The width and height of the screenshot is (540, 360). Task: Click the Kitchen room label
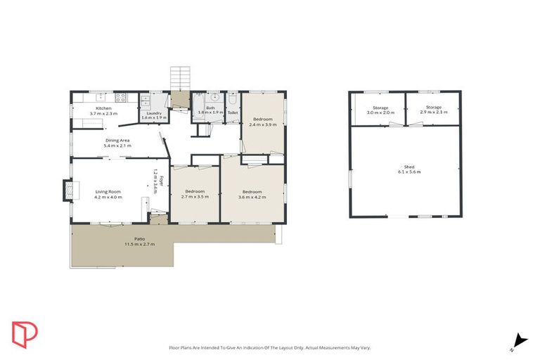point(103,108)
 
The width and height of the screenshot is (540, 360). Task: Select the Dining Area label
point(117,141)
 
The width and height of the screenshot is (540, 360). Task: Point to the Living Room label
point(109,191)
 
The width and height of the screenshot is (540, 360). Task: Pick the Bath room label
point(209,108)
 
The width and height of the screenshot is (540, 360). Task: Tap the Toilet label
point(233,112)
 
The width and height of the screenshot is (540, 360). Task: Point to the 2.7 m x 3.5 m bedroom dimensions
point(195,197)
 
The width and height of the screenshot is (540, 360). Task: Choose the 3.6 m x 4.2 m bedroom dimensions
point(252,197)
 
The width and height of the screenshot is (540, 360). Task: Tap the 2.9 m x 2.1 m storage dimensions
point(433,112)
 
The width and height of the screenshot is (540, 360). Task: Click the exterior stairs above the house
point(180,77)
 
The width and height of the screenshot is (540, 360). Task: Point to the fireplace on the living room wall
point(67,190)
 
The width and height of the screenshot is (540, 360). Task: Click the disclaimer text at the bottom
point(270,347)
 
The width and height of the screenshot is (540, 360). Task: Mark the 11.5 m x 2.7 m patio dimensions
point(139,244)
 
